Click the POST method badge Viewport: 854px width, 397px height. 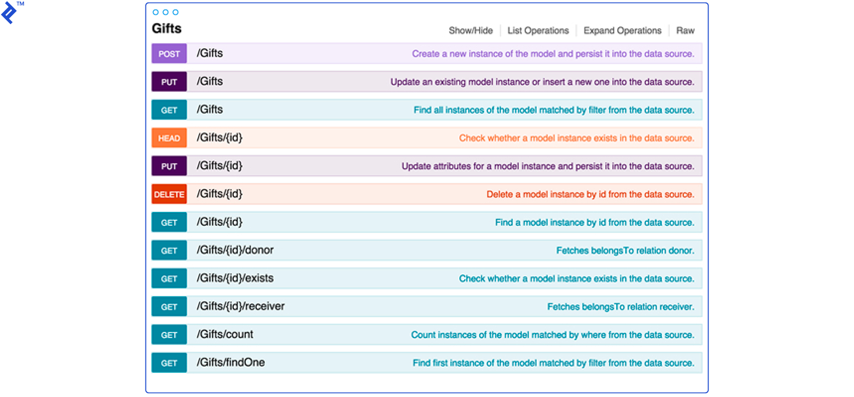(169, 54)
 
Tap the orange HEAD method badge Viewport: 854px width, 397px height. (169, 138)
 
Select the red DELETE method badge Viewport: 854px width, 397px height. (169, 195)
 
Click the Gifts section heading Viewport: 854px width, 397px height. (167, 29)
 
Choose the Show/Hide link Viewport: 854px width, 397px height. (471, 31)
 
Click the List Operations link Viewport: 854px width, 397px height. (538, 31)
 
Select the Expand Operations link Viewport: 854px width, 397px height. (622, 31)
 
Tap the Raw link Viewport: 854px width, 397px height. (685, 31)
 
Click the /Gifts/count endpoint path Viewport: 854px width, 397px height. (225, 334)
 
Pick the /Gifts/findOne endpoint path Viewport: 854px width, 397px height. (231, 363)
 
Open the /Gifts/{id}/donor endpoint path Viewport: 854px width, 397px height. (235, 250)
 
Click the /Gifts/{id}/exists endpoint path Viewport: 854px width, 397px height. (235, 278)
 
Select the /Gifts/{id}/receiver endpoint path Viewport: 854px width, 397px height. (241, 306)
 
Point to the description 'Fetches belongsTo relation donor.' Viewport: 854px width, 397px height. (625, 251)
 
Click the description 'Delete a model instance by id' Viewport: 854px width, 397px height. (590, 195)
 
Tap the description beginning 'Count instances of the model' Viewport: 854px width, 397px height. (552, 335)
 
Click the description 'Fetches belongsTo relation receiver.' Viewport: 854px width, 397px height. (621, 307)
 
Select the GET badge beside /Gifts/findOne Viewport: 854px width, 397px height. (169, 363)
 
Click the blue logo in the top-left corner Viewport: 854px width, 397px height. (8, 12)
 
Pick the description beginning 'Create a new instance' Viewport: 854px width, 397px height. (553, 54)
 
